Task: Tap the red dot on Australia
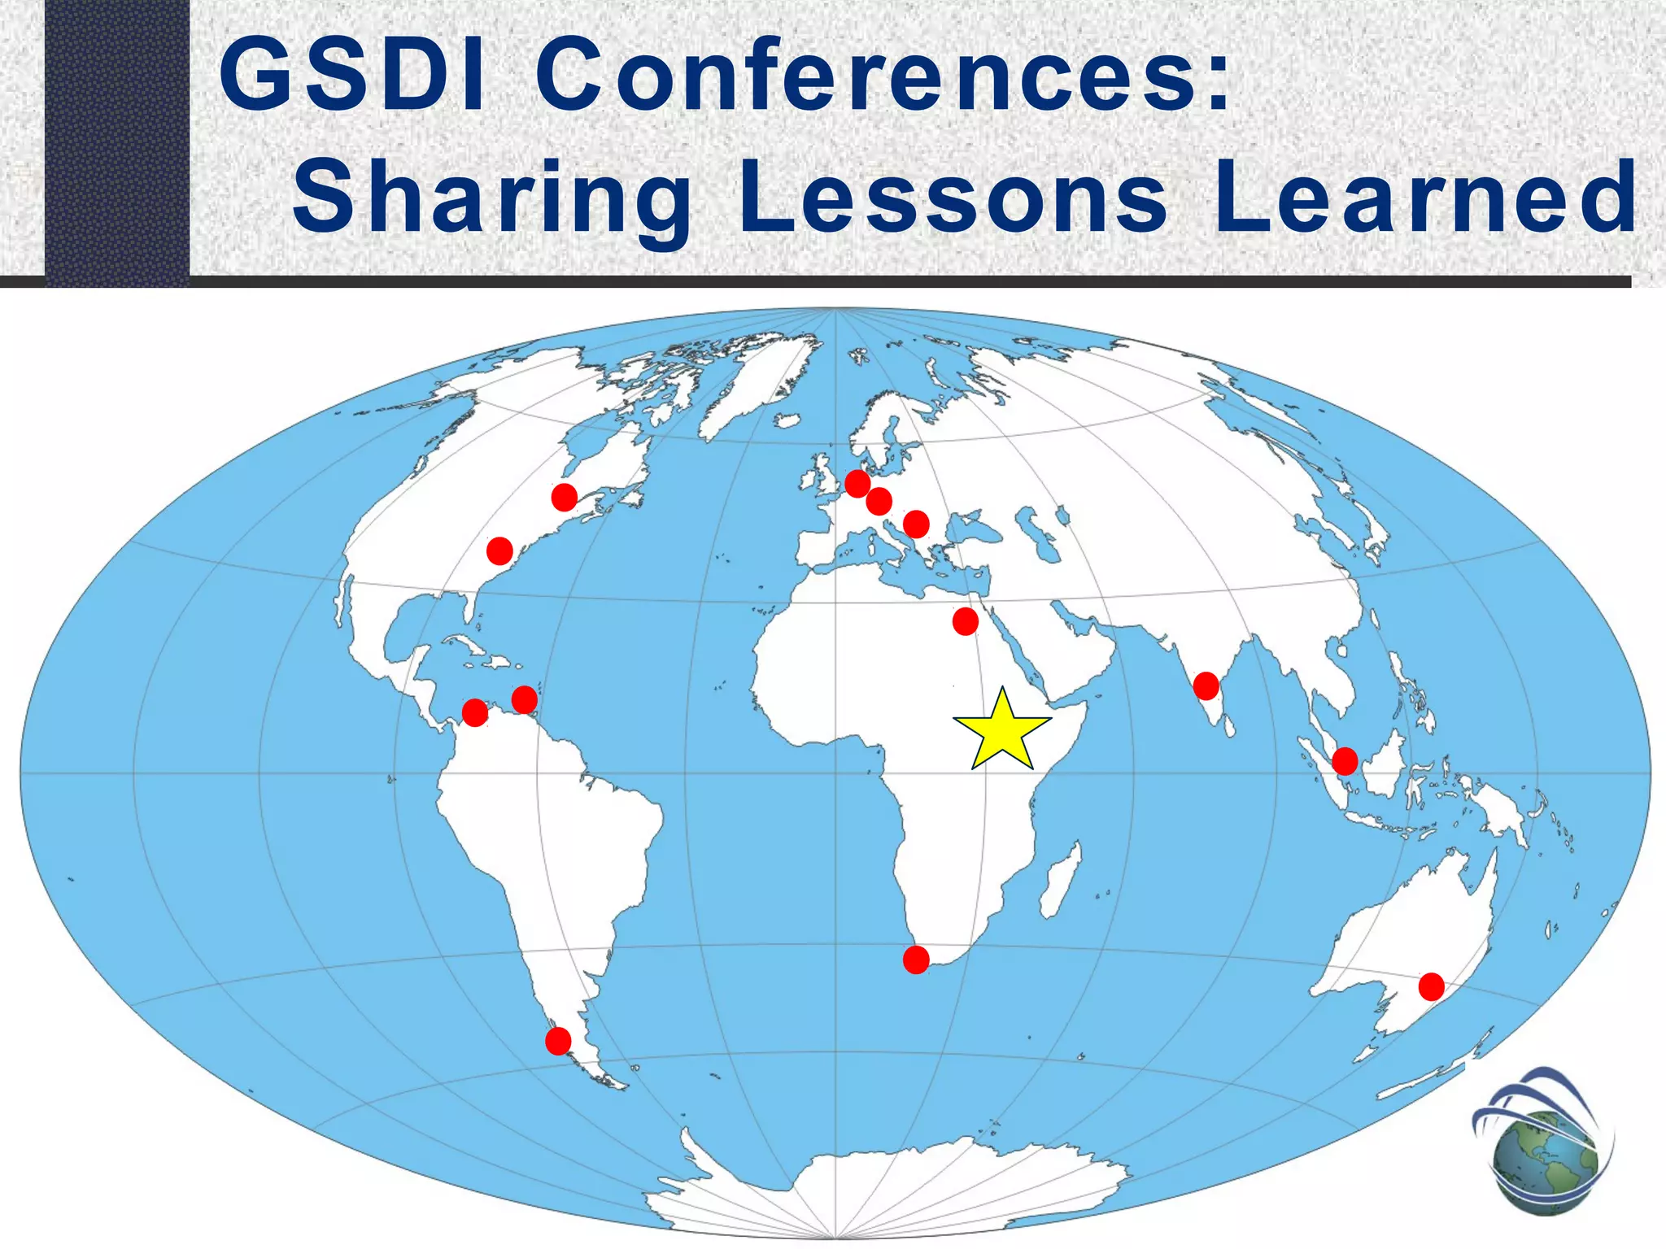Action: [1431, 986]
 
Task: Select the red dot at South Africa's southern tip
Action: [916, 960]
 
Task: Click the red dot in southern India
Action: [1206, 686]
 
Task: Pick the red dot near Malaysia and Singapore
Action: [1345, 761]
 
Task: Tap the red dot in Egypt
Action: [965, 621]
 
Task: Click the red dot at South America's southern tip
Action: [558, 1040]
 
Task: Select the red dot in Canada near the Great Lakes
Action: [564, 497]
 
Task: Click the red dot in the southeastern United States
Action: [499, 551]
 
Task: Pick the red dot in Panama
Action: [475, 713]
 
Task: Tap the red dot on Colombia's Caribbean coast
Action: [525, 699]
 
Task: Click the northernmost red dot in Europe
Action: [857, 484]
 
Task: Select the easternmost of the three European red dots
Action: [916, 524]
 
